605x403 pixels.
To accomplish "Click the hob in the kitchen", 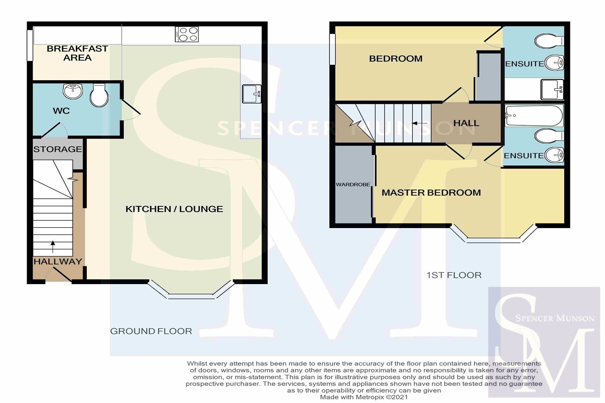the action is coord(187,34).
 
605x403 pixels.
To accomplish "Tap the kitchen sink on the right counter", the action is coord(252,93).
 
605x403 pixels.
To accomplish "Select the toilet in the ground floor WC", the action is coord(99,95).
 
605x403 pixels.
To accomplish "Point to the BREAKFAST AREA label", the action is coord(77,53).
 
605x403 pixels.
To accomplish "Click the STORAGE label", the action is coord(58,149).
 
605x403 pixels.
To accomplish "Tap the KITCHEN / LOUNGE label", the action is coord(174,209).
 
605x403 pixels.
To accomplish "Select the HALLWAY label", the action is coord(58,262).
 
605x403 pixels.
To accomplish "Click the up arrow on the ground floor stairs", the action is coord(53,247).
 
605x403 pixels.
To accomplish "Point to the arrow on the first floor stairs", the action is coord(419,123).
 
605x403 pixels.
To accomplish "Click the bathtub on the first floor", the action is coord(534,116).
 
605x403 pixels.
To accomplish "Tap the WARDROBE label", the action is coord(353,185).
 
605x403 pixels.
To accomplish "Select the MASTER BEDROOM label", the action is coord(431,193).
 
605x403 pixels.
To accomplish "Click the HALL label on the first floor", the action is coord(466,123).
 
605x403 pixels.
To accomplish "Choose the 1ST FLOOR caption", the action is coord(454,275).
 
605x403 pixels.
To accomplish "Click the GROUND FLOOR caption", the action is coord(151,331).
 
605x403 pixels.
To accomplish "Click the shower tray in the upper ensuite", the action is coord(552,89).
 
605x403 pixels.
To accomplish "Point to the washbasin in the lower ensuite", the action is coord(554,155).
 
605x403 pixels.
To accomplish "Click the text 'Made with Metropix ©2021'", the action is coord(364,397).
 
